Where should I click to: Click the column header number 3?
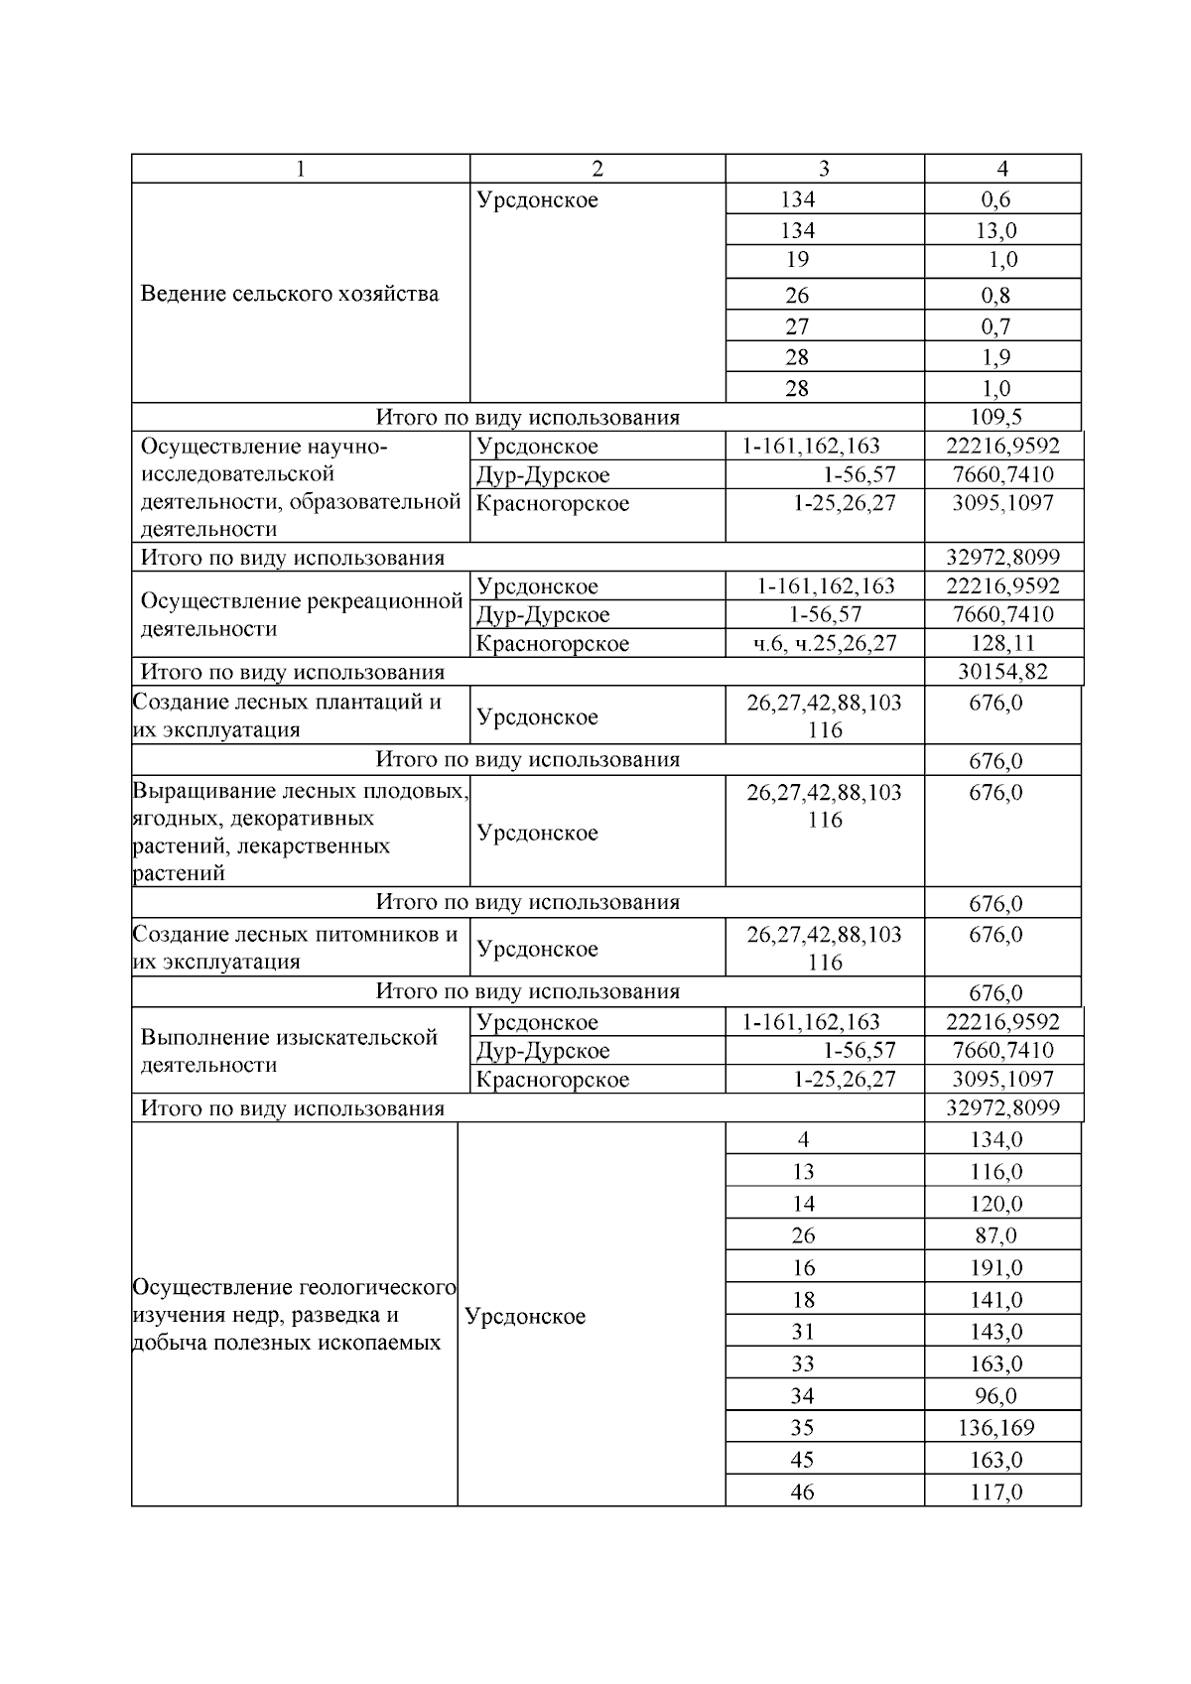[x=824, y=169]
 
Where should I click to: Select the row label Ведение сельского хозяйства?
[x=289, y=294]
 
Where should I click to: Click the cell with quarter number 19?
[x=797, y=260]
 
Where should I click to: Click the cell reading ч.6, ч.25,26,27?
[x=824, y=643]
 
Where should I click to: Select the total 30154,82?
[x=1002, y=672]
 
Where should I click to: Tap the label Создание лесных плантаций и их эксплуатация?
[x=288, y=715]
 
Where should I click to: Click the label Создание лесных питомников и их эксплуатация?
[x=295, y=948]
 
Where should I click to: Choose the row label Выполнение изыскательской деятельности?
[x=289, y=1051]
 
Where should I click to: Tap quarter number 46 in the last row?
[x=802, y=1491]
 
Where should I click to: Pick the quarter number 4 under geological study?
[x=803, y=1140]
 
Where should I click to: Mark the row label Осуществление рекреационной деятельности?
[x=302, y=615]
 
